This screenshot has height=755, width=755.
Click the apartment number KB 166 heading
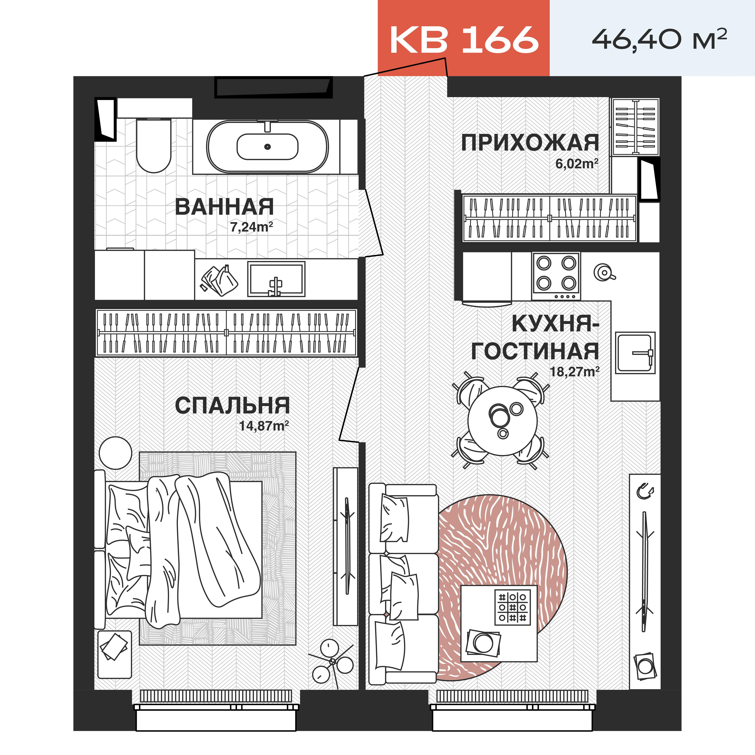click(464, 39)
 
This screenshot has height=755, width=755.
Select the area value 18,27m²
click(575, 371)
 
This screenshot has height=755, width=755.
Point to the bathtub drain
click(267, 147)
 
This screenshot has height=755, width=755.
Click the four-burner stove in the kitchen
click(556, 276)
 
